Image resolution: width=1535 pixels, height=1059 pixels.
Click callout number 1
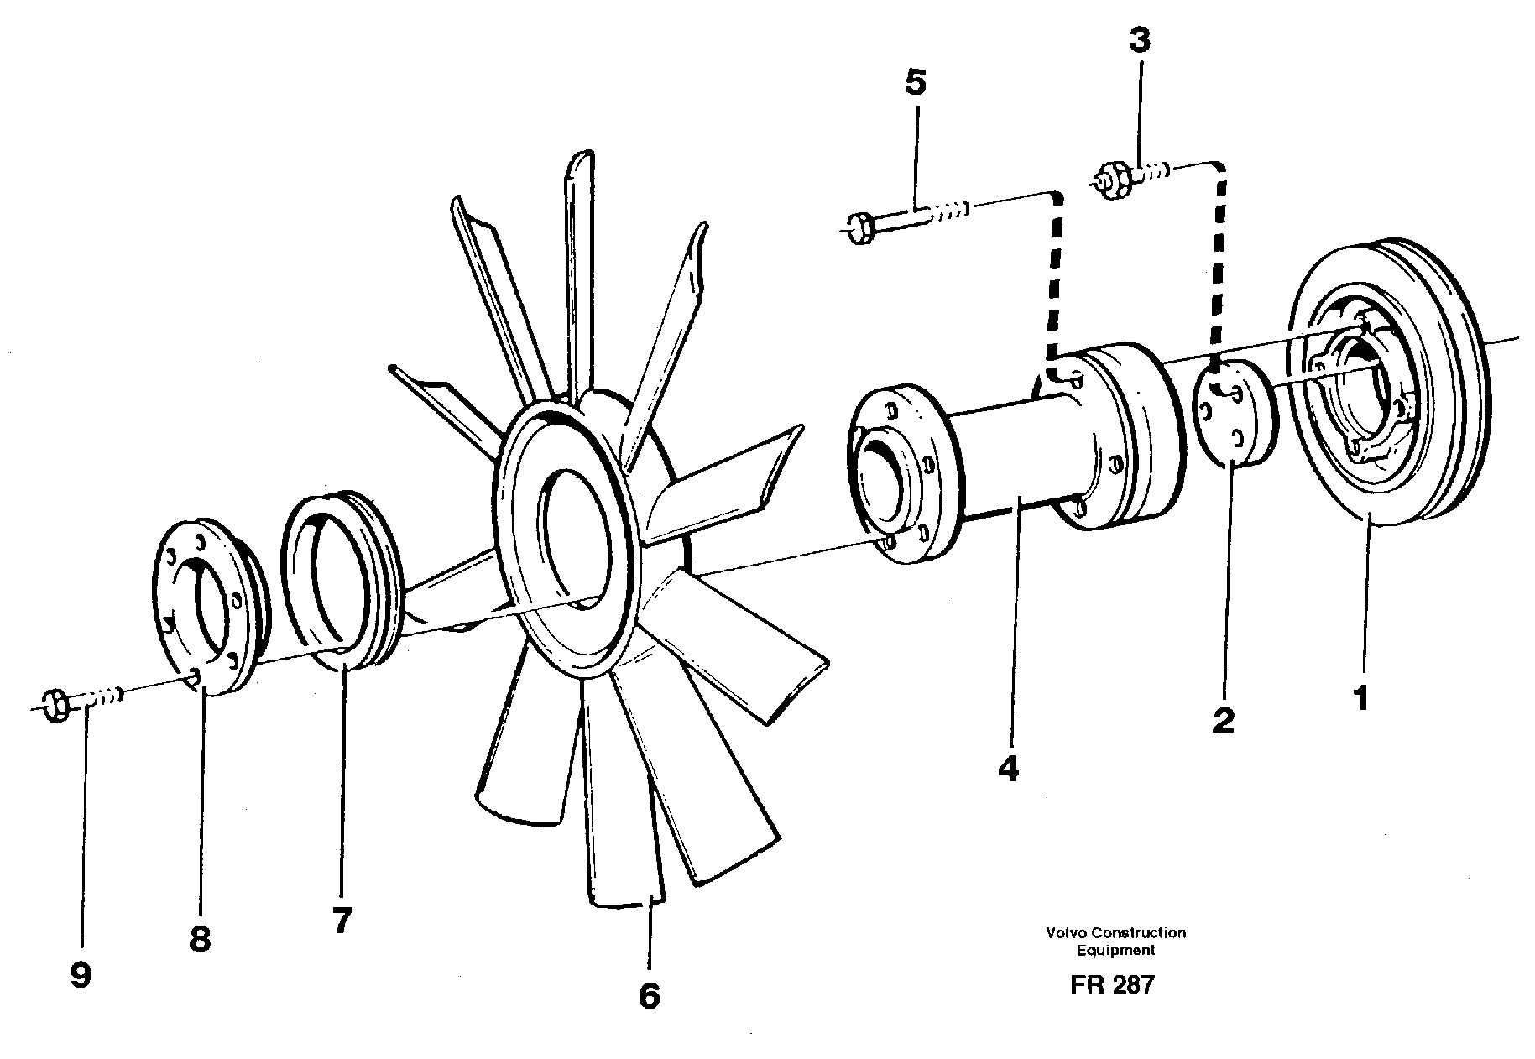[x=1360, y=698]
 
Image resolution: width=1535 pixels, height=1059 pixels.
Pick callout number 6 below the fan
[x=649, y=995]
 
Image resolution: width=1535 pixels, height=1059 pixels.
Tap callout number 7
[x=341, y=921]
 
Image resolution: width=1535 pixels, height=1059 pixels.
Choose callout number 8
[x=199, y=939]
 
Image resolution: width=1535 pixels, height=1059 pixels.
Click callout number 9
[x=81, y=975]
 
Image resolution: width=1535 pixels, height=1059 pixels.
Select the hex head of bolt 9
[x=55, y=704]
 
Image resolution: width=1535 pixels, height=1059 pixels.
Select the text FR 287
[x=1112, y=984]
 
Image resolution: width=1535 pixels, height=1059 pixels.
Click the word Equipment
[x=1115, y=951]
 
